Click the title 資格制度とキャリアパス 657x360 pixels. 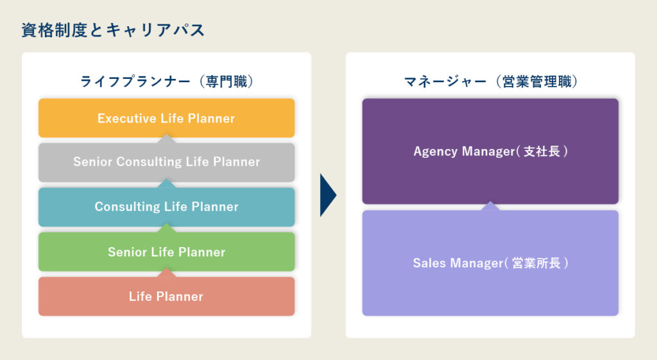pyautogui.click(x=113, y=30)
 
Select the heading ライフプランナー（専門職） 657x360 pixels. pyautogui.click(x=167, y=81)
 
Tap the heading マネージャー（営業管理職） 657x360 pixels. pyautogui.click(x=491, y=81)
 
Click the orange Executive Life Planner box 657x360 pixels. pyautogui.click(x=166, y=118)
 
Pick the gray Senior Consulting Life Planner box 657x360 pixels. pyautogui.click(x=166, y=162)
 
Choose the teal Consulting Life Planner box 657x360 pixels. pyautogui.click(x=166, y=207)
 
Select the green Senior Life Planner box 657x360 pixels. pyautogui.click(x=166, y=252)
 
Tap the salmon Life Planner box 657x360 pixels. pyautogui.click(x=166, y=296)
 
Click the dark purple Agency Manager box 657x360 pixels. pyautogui.click(x=490, y=151)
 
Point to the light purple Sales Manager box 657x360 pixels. pyautogui.click(x=490, y=263)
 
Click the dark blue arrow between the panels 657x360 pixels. pyautogui.click(x=328, y=195)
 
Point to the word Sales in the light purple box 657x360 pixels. pyautogui.click(x=428, y=263)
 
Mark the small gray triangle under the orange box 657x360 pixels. pyautogui.click(x=166, y=139)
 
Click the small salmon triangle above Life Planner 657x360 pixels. pyautogui.click(x=166, y=273)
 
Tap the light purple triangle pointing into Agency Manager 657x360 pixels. pyautogui.click(x=490, y=206)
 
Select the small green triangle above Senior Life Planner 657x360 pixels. pyautogui.click(x=166, y=228)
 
